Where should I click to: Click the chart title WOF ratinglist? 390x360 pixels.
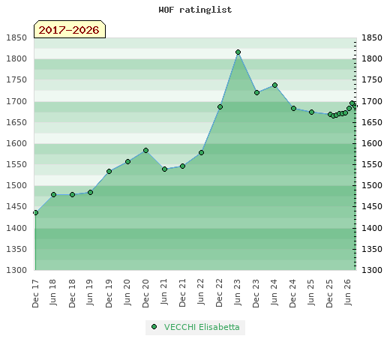[195, 10]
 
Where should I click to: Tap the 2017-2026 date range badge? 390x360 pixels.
[70, 29]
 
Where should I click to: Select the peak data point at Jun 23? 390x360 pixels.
[238, 52]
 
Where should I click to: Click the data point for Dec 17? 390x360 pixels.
[35, 212]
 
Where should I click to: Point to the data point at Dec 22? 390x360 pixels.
[220, 106]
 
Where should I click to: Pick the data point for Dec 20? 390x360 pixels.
[146, 150]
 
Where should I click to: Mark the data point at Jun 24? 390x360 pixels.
[274, 85]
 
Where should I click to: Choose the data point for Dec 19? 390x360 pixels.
[109, 171]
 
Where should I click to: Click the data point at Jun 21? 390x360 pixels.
[164, 169]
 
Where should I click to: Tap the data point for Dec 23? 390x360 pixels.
[256, 92]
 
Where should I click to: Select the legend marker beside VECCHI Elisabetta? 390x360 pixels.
[154, 326]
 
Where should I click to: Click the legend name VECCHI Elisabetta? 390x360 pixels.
[202, 327]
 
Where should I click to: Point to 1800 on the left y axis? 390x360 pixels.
[16, 58]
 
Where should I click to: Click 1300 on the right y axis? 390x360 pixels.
[372, 270]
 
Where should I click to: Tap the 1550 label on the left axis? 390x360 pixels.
[16, 164]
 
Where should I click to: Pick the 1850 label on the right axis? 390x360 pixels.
[372, 37]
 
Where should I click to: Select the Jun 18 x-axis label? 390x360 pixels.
[53, 292]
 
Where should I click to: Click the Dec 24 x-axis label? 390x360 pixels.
[293, 293]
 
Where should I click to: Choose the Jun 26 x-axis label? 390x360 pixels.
[348, 292]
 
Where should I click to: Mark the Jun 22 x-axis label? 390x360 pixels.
[201, 292]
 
